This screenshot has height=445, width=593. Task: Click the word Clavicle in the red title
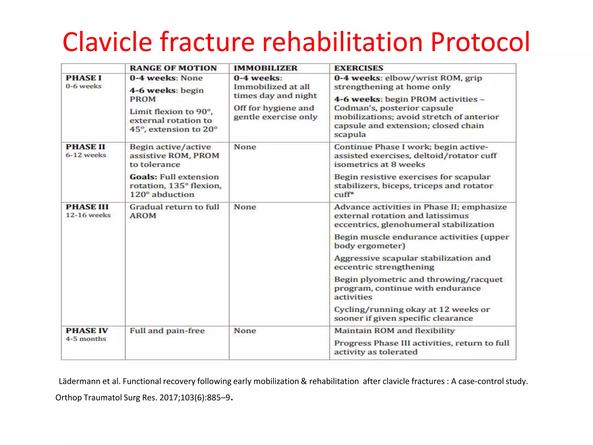[x=107, y=42]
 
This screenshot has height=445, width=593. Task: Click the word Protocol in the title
[x=480, y=42]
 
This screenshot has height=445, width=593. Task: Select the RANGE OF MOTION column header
[x=173, y=68]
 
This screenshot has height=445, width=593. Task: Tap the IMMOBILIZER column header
[x=266, y=68]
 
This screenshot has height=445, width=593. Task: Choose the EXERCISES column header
[x=358, y=68]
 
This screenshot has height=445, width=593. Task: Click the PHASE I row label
[x=84, y=78]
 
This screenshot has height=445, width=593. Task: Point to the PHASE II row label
[x=85, y=147]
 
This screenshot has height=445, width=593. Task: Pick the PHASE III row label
[x=87, y=207]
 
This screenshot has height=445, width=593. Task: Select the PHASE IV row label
[x=87, y=331]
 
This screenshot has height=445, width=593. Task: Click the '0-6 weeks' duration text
[x=84, y=86]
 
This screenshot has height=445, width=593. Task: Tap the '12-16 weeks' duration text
[x=88, y=215]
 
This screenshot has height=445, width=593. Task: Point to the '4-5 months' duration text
[x=86, y=339]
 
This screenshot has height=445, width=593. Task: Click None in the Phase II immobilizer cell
[x=245, y=147]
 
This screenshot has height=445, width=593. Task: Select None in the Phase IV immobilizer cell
[x=245, y=331]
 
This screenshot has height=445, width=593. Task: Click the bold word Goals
[x=143, y=177]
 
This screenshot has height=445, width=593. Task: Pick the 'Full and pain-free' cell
[x=167, y=331]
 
